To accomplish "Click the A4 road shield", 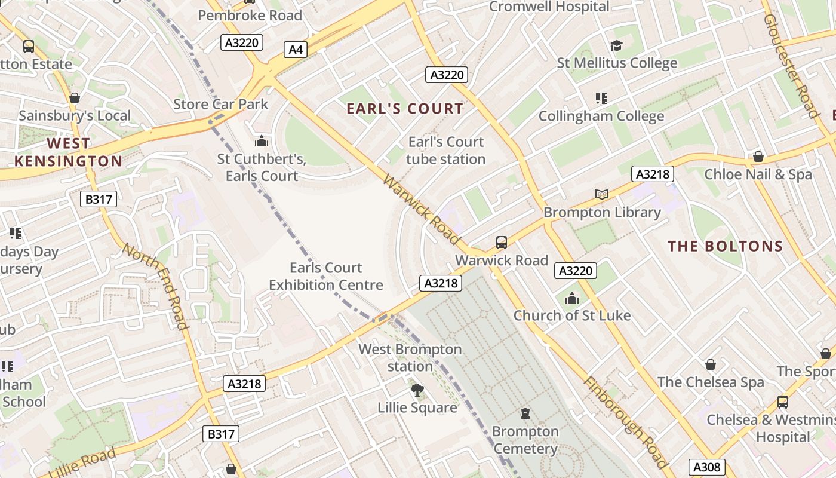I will pos(296,49).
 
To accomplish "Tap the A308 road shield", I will pos(707,467).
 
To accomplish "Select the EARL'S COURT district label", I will pos(405,108).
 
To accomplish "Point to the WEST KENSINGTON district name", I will pos(68,152).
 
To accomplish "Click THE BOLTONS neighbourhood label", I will pos(725,246).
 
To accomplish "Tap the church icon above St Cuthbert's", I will pos(261,142).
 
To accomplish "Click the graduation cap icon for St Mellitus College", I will pos(616,45).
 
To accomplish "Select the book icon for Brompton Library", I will pos(601,194).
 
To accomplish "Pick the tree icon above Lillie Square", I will pos(417,390).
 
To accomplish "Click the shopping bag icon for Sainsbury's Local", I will pos(75,98).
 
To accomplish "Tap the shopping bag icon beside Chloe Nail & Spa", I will pos(758,157).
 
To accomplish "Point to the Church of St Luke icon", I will pos(572,298).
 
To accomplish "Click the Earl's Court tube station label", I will pos(445,151).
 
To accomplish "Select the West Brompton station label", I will pos(410,357).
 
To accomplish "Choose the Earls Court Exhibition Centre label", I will pos(325,276).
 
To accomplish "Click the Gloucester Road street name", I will pos(791,66).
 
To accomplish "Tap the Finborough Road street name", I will pos(625,422).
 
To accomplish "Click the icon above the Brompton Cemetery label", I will pos(525,413).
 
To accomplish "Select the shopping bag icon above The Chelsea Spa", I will pos(710,364).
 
